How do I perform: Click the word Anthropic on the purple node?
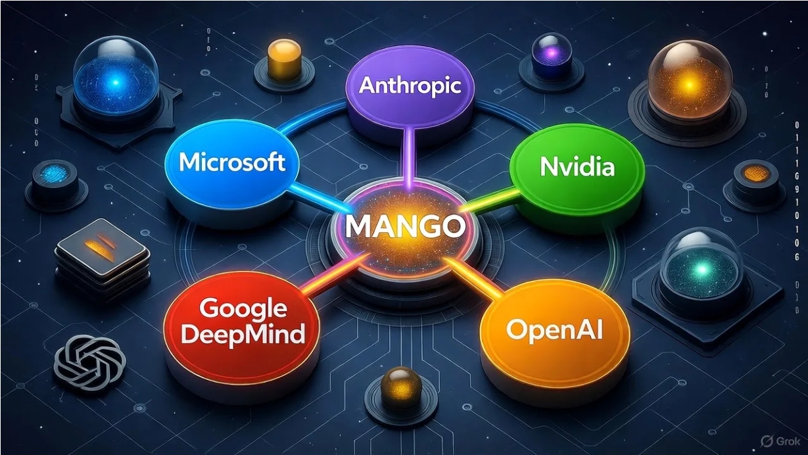(x=410, y=87)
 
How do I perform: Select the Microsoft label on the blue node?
(x=232, y=162)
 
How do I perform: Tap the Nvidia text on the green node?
(x=577, y=167)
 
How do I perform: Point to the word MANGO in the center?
(x=405, y=227)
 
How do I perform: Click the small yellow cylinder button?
(x=284, y=61)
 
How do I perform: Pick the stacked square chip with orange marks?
(x=102, y=259)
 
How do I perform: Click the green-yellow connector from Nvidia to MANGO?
(x=490, y=201)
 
